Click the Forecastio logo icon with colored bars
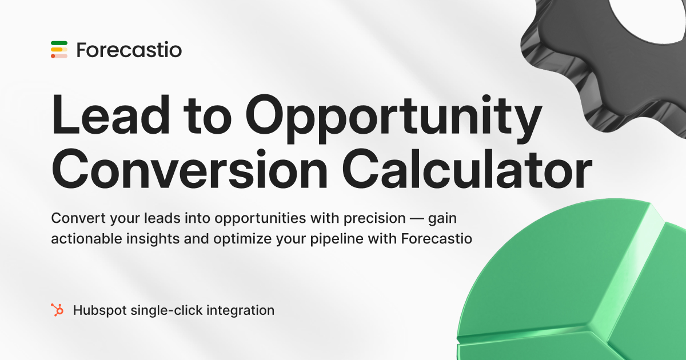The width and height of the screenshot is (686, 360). click(59, 50)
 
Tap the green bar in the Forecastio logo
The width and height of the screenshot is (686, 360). click(59, 43)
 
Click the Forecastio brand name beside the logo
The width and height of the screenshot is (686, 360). click(129, 50)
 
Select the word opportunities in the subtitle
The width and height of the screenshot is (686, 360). click(242, 219)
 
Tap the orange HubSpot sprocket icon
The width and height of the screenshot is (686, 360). click(57, 310)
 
